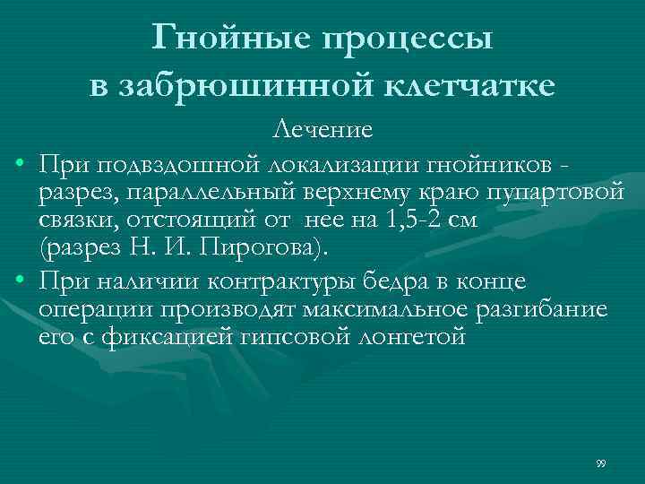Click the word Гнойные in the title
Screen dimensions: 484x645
coord(226,39)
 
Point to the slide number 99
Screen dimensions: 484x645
coord(601,463)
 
